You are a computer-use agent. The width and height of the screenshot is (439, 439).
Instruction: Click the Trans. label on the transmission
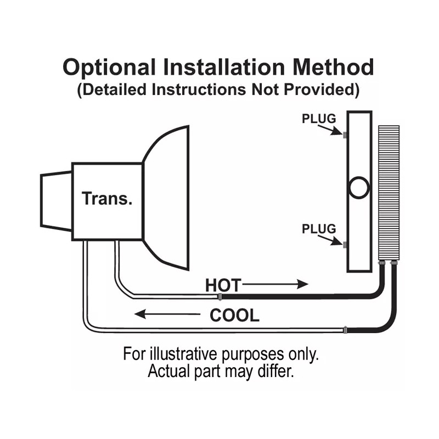[107, 198]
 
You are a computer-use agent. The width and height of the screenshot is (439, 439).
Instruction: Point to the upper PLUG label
[319, 119]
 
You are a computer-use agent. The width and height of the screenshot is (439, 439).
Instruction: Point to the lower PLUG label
[319, 229]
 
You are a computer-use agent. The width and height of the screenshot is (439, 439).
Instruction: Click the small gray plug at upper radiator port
[345, 135]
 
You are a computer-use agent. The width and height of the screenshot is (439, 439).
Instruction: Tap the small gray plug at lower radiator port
[345, 245]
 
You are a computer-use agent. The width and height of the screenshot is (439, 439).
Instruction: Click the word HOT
[223, 285]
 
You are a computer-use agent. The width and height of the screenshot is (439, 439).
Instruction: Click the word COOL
[234, 316]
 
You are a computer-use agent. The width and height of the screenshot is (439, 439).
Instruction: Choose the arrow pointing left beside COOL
[167, 314]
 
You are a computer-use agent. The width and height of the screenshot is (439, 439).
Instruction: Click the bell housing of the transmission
[167, 198]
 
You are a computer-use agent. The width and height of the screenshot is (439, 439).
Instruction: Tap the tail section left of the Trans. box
[57, 200]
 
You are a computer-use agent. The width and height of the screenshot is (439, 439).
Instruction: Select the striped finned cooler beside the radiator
[389, 192]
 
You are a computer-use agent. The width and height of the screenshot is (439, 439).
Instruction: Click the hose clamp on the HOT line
[220, 297]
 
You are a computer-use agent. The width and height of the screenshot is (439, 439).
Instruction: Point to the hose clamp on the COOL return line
[344, 330]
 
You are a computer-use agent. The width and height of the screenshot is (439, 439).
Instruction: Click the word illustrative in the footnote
[191, 353]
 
